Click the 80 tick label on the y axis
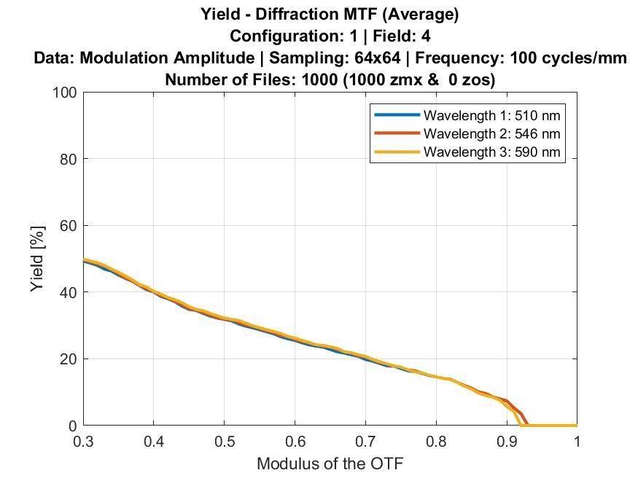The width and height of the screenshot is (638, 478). (x=67, y=159)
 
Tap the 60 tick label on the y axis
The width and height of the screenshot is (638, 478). (x=67, y=226)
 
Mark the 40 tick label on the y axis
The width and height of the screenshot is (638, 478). (x=67, y=292)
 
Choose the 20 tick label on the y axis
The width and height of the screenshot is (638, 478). (x=67, y=359)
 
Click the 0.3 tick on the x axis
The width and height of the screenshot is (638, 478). (x=84, y=441)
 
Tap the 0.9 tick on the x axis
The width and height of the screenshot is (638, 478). (x=506, y=441)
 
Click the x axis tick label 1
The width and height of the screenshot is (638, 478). (x=576, y=441)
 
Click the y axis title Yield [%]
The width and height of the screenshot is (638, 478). (x=38, y=259)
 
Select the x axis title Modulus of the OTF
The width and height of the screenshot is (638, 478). (x=330, y=463)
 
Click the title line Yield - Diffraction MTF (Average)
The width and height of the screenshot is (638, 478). (x=330, y=13)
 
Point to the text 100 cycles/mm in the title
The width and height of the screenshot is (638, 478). (x=568, y=58)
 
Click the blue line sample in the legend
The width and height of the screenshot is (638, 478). (x=397, y=115)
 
